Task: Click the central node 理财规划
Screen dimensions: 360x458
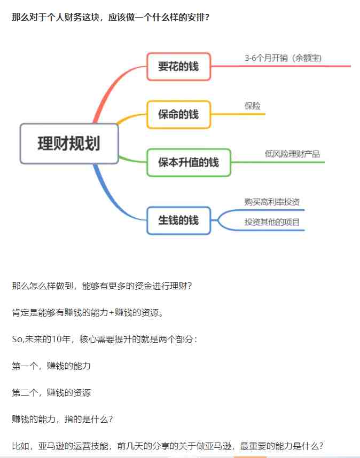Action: tap(69, 144)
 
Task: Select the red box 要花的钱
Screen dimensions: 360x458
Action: tap(178, 66)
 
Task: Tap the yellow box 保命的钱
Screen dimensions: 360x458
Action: tap(178, 114)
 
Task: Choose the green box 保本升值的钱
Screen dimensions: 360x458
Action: tap(189, 162)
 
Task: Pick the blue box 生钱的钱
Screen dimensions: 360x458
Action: tap(178, 220)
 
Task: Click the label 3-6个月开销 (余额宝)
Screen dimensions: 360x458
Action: tap(283, 58)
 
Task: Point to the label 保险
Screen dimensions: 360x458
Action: tap(253, 106)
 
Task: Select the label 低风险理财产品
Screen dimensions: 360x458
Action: tap(292, 154)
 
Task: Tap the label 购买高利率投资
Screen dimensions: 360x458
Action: tap(272, 202)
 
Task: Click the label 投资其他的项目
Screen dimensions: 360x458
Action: tap(272, 222)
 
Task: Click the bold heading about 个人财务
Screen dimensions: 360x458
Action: tap(111, 17)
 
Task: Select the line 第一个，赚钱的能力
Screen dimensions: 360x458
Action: tap(51, 366)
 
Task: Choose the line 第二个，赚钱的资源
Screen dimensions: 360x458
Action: tap(51, 392)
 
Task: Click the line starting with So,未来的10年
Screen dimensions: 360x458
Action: tap(105, 339)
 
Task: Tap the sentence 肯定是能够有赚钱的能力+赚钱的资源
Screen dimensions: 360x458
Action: tap(88, 312)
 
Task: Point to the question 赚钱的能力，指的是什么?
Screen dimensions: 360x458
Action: tap(62, 419)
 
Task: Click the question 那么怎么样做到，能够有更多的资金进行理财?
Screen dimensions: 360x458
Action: tap(101, 286)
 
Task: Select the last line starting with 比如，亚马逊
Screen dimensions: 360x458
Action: tap(168, 446)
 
